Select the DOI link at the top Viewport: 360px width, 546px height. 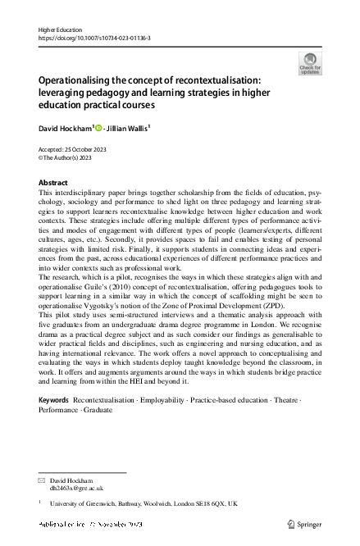(x=92, y=38)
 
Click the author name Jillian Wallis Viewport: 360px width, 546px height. (x=125, y=128)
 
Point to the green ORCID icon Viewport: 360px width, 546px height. (x=100, y=128)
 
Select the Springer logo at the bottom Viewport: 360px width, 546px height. (x=304, y=522)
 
